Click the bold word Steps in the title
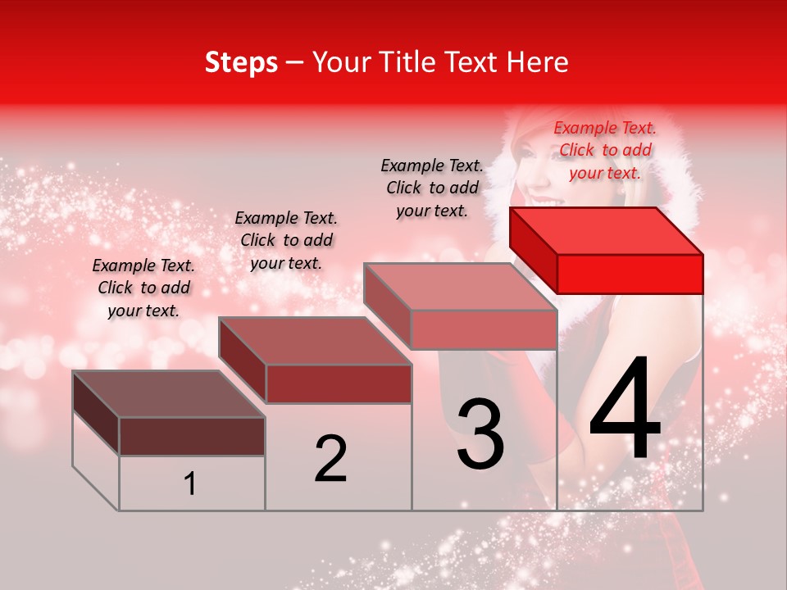(241, 62)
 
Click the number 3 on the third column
(480, 433)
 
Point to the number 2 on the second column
(331, 459)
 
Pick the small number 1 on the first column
(189, 483)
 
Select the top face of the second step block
(315, 341)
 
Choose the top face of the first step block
(169, 394)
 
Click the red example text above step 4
(605, 150)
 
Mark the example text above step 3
(432, 188)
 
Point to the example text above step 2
(286, 240)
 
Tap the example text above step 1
(143, 288)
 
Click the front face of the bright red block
(630, 274)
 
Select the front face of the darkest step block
(192, 436)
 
